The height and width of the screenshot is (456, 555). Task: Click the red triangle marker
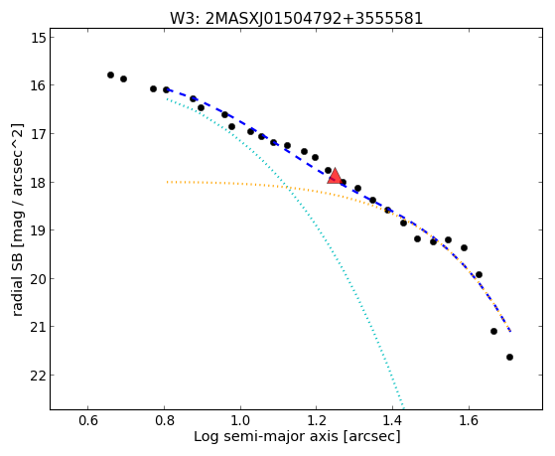tap(335, 177)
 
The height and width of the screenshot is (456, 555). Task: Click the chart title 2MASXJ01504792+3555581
tap(314, 18)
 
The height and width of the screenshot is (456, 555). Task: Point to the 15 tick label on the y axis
tap(39, 38)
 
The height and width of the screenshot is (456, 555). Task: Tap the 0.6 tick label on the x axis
tap(88, 420)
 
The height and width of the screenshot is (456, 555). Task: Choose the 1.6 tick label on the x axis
tap(469, 420)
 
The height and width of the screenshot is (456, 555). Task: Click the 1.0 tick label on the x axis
tap(240, 420)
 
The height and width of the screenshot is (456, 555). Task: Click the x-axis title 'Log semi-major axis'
tap(265, 436)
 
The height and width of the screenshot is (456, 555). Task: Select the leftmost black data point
tap(110, 75)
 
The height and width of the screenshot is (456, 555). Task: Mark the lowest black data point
tap(509, 357)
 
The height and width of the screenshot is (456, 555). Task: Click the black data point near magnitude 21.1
tap(493, 331)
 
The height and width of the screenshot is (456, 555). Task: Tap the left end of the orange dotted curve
tap(167, 182)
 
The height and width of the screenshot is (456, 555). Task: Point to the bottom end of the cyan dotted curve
tap(403, 407)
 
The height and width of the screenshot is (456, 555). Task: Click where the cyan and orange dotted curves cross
tap(288, 187)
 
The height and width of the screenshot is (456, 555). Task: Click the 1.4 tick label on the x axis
tap(392, 420)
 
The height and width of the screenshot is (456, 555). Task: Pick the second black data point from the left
tap(123, 78)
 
